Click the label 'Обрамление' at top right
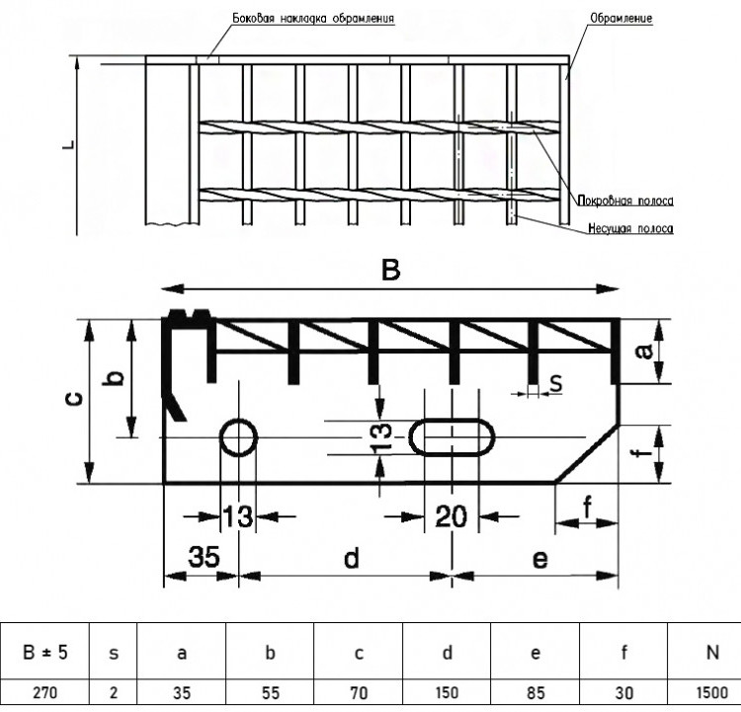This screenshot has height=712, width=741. pos(621,18)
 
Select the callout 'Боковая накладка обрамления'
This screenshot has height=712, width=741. pos(313,18)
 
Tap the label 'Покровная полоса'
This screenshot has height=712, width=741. pos(625,200)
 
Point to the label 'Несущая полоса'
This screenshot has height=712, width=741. pos(631,229)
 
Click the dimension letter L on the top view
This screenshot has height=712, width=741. pos(69,144)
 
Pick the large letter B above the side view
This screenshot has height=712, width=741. pos(391,271)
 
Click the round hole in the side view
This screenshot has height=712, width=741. pos(238,437)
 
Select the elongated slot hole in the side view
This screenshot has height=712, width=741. pos(452,437)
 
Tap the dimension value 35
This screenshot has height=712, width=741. pos(204,557)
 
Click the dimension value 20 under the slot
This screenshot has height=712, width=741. pos(452,515)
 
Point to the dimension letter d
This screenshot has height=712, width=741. pos(352,558)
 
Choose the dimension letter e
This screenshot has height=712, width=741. pos(540,559)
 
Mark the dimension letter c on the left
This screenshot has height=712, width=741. pos(75,400)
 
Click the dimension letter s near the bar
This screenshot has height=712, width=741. pos(557,383)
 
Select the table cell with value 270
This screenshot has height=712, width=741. pos(44,693)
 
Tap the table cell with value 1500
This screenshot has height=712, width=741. pos(712,693)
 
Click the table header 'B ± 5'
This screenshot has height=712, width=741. pos(44,653)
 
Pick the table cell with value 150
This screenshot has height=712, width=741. pos(447,693)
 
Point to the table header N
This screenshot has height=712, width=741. pos(712,653)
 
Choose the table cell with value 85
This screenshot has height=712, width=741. pos(535,693)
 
